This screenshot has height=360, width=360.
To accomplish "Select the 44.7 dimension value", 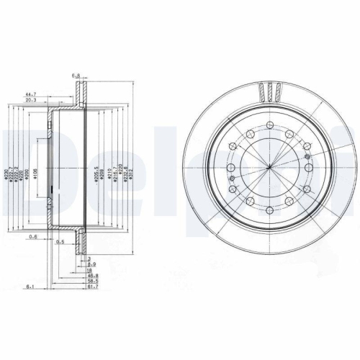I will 31,94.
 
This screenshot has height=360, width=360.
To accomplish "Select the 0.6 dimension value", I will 32,237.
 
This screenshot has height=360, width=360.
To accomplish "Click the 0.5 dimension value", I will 61,241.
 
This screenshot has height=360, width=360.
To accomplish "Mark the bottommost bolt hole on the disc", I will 268,211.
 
